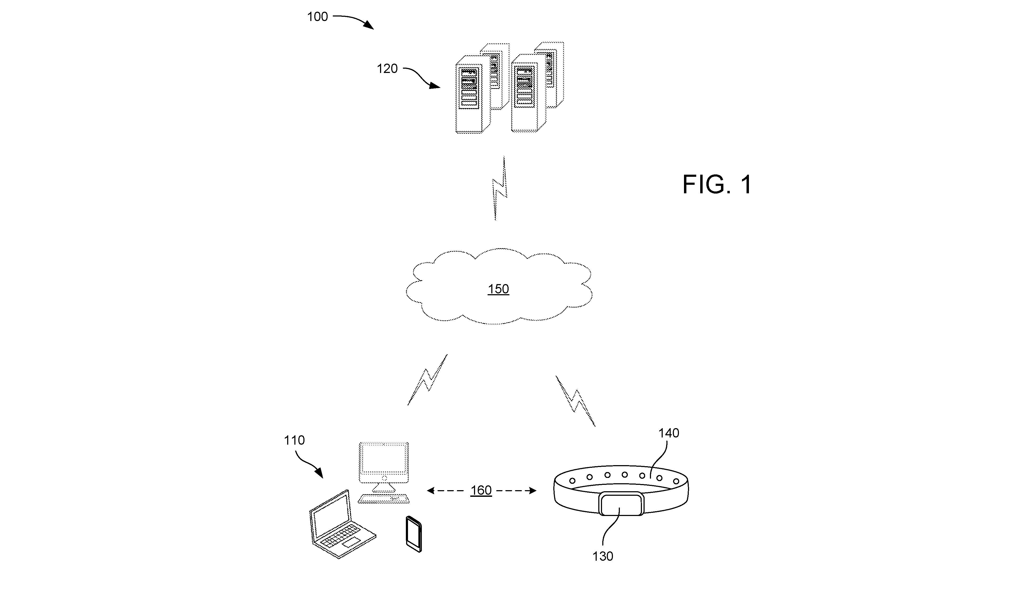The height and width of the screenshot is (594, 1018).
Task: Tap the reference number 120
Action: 387,69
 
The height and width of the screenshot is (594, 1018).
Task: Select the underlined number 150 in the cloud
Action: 498,289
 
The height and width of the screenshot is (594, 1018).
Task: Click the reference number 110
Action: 294,440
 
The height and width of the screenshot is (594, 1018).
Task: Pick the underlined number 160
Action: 481,490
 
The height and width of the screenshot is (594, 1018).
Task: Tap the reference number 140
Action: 669,433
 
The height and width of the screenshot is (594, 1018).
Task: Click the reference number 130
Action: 603,556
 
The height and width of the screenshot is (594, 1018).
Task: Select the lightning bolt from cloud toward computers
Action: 427,380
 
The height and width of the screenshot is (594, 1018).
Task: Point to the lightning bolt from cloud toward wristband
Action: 575,401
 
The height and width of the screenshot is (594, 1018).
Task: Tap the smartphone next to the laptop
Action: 414,534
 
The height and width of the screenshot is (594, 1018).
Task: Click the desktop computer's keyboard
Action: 383,499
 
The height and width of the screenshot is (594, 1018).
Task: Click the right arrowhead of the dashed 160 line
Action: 533,490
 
